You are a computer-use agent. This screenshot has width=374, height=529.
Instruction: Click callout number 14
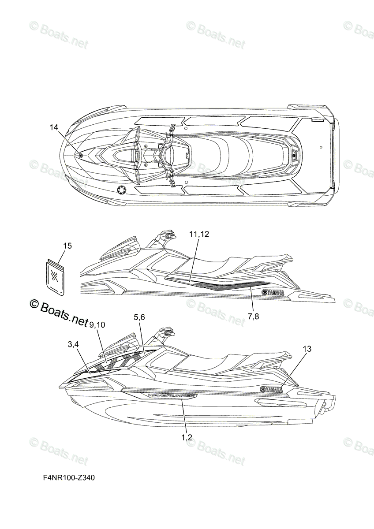54,127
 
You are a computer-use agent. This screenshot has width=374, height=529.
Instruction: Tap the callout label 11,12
199,235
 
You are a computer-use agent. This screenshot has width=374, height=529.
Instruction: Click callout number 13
307,349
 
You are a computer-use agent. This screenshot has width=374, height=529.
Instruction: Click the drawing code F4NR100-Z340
69,477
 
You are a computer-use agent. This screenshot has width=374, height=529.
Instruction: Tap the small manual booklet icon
55,276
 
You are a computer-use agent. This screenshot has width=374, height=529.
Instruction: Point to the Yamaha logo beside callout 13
272,389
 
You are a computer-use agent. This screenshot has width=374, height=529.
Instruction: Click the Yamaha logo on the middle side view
273,292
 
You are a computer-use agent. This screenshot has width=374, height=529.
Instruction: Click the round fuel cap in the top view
121,190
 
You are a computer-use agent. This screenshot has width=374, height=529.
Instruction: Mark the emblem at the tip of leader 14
80,155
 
